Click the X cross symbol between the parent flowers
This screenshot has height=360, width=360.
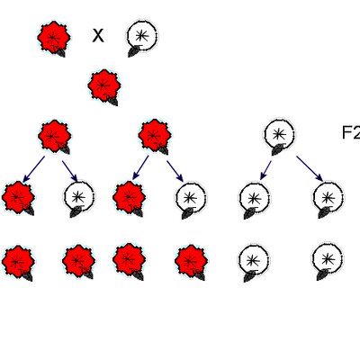click(x=98, y=36)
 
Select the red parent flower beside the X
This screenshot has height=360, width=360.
click(x=54, y=39)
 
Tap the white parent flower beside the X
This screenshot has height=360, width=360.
click(x=141, y=38)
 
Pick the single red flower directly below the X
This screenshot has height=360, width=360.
click(x=104, y=87)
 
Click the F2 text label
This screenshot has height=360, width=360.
click(x=351, y=132)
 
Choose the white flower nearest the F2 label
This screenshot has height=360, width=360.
click(x=279, y=137)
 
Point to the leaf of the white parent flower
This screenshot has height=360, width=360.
click(x=134, y=51)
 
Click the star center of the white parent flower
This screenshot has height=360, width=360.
click(x=142, y=36)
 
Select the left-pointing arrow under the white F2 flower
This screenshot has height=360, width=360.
click(x=265, y=170)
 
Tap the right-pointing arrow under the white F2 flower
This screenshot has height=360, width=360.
click(x=310, y=169)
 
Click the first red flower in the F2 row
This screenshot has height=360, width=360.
click(x=54, y=137)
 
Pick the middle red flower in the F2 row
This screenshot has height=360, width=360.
click(x=155, y=137)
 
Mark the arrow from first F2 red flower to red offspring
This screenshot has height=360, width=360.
click(x=33, y=169)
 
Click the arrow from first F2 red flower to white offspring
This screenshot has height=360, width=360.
click(x=70, y=171)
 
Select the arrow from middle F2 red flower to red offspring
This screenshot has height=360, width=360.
click(x=140, y=167)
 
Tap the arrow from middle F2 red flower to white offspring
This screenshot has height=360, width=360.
click(x=175, y=171)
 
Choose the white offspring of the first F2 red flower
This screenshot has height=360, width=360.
click(x=79, y=198)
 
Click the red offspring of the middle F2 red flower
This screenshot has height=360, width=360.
click(x=129, y=199)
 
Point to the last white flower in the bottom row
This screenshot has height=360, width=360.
click(x=328, y=262)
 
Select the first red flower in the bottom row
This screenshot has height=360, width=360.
click(x=18, y=263)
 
